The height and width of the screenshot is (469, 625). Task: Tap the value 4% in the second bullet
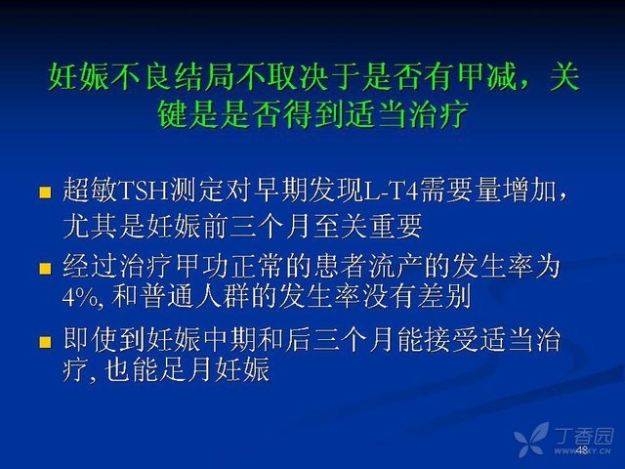tap(80, 296)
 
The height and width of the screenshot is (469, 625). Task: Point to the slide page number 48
tap(582, 449)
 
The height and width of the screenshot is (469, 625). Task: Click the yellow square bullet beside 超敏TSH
tap(45, 192)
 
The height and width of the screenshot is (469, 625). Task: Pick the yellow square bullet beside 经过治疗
tap(45, 269)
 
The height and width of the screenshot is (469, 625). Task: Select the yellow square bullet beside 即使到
tap(45, 342)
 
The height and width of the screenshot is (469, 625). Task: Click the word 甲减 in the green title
tap(486, 77)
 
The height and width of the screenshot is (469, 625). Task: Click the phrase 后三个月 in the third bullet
tap(339, 340)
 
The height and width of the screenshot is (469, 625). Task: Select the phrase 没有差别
tap(417, 296)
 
